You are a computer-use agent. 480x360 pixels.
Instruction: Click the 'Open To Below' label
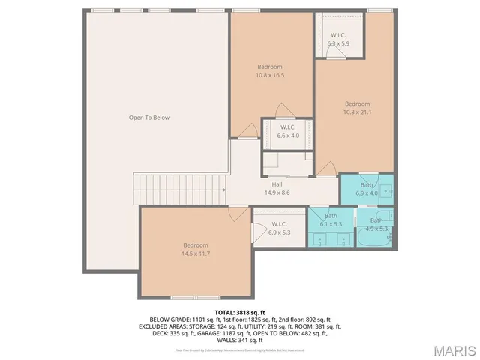(x=149, y=118)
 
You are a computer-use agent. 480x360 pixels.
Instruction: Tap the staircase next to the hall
(x=180, y=189)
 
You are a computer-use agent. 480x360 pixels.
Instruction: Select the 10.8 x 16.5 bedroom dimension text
(x=270, y=75)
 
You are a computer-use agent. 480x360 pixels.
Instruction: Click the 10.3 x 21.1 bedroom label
(x=357, y=112)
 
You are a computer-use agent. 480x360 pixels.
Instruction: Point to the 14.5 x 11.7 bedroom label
(x=196, y=253)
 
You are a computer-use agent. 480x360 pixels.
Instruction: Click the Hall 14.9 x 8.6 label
(x=277, y=193)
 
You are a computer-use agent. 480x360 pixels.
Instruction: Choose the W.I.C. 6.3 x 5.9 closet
(x=338, y=40)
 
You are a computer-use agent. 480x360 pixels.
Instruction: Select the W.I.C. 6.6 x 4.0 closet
(x=289, y=132)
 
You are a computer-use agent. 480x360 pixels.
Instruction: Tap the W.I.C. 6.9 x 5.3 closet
(x=280, y=228)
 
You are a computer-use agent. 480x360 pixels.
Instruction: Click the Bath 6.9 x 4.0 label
(x=367, y=189)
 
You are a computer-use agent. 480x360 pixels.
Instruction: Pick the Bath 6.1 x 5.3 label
(x=331, y=220)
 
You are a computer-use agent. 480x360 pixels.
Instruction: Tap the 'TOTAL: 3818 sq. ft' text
(x=239, y=311)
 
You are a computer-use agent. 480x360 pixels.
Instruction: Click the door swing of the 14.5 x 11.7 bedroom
(x=238, y=215)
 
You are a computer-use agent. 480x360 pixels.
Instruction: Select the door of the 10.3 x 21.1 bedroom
(x=325, y=169)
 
